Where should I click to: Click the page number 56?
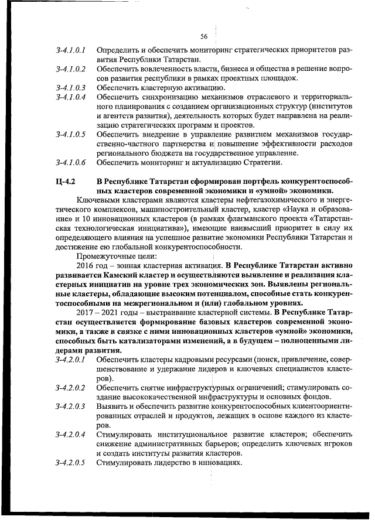pos(204,36)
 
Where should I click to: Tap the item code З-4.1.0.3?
pos(71,88)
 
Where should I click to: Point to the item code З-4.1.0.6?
pos(71,162)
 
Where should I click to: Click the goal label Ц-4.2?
pos(66,181)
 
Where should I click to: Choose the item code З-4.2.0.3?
pos(71,406)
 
